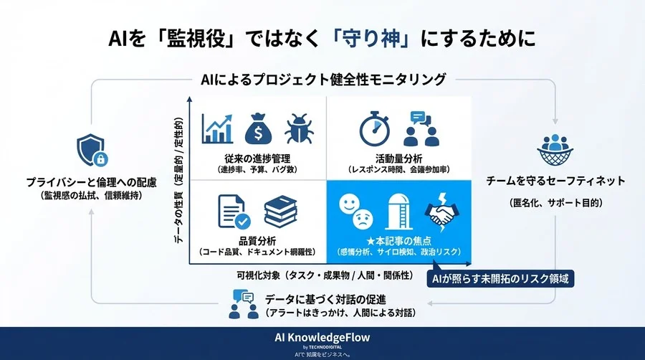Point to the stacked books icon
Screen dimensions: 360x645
tap(280, 213)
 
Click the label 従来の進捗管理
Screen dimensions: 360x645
tap(256, 158)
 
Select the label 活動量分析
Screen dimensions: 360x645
tap(398, 158)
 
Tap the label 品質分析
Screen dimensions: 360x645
tap(257, 241)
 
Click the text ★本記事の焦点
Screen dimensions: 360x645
tap(398, 241)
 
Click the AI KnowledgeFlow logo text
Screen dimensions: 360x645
tap(322, 337)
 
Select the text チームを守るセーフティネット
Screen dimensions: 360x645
tap(555, 181)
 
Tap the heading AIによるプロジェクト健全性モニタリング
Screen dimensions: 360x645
tap(322, 79)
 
